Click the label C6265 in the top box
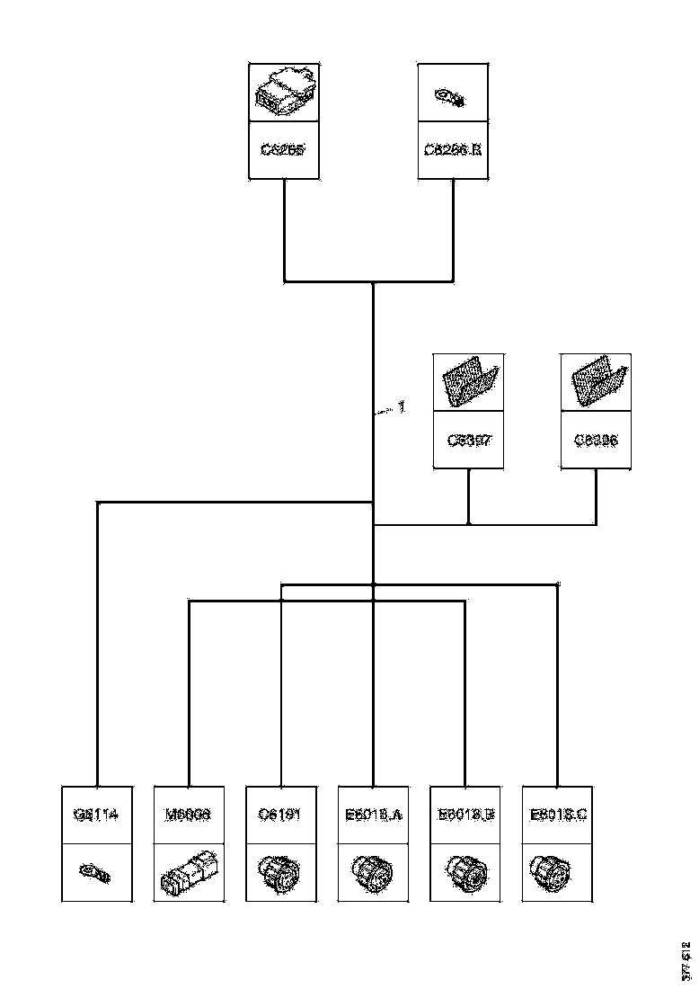click(283, 149)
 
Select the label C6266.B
click(454, 149)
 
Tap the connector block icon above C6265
click(283, 94)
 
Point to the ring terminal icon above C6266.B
click(448, 96)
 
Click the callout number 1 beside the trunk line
click(402, 407)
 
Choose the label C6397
click(469, 441)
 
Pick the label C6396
click(596, 441)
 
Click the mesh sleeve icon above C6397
click(469, 382)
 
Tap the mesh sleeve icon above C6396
click(596, 382)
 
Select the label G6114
click(97, 815)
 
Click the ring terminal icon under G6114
click(96, 872)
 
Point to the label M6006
click(189, 815)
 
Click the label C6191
click(281, 815)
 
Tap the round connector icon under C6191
click(280, 873)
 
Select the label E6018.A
click(373, 815)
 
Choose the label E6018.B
click(465, 815)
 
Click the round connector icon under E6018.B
click(465, 873)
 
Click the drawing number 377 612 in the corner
click(686, 960)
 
